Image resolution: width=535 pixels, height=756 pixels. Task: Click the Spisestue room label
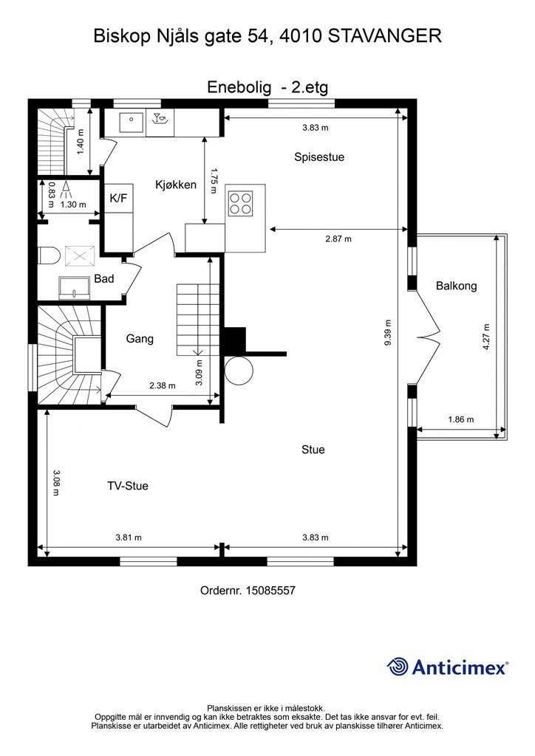(x=319, y=157)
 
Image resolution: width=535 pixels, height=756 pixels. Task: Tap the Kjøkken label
(x=176, y=185)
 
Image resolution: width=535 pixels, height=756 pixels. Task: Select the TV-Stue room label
(x=127, y=486)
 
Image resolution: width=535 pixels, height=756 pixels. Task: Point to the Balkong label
(x=457, y=286)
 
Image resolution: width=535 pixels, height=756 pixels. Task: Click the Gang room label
(x=140, y=339)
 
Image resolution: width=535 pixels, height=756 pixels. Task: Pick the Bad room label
(x=104, y=278)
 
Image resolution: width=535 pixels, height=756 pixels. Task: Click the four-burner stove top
(x=240, y=203)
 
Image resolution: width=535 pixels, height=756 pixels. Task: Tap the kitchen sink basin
(x=131, y=123)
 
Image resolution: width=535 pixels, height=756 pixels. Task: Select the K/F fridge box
(x=119, y=198)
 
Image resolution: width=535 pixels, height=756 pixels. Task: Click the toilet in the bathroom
(x=48, y=255)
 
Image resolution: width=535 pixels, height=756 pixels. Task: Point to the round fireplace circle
(x=239, y=371)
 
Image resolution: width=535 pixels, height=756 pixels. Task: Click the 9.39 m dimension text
(x=389, y=332)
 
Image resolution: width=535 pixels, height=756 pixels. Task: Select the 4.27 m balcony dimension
(x=485, y=337)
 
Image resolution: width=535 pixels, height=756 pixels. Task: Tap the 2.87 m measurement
(x=338, y=238)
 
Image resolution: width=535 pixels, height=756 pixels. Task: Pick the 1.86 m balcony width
(x=460, y=419)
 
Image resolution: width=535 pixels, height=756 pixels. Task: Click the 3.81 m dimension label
(x=129, y=537)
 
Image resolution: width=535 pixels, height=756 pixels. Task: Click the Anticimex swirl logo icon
(x=398, y=667)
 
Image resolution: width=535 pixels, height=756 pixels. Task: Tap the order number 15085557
(x=270, y=590)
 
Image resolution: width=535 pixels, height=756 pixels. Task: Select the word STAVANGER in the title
(x=384, y=36)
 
